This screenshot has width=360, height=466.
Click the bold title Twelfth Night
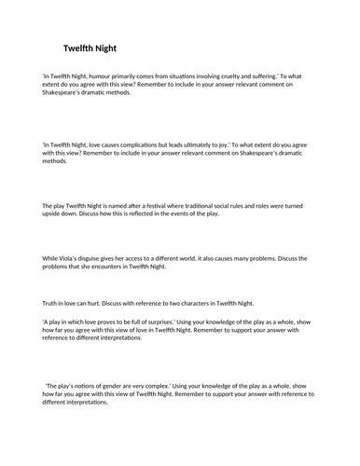coord(90,48)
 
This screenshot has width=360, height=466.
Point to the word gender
coord(132,384)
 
